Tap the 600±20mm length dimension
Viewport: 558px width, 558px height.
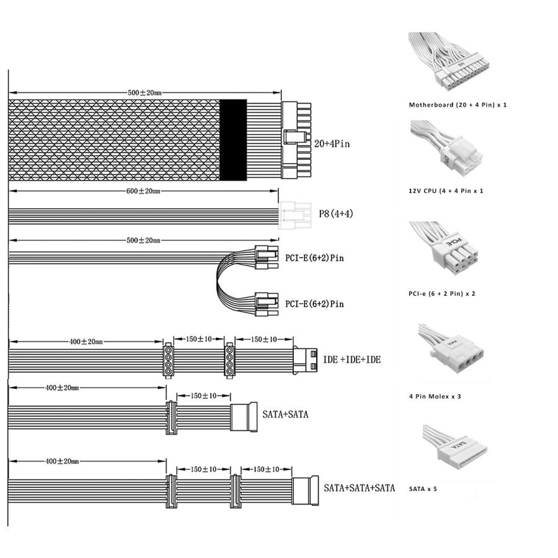tap(143, 191)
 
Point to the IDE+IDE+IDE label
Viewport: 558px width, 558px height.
tap(352, 360)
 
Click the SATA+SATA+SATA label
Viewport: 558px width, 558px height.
tap(359, 488)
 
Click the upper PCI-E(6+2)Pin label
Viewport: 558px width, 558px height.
tap(314, 257)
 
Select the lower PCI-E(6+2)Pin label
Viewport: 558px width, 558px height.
tap(314, 304)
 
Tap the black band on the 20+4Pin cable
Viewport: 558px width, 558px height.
tap(233, 140)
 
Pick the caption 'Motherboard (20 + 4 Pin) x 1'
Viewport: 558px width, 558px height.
tap(458, 105)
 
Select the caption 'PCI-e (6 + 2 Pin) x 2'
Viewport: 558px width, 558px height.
tap(442, 293)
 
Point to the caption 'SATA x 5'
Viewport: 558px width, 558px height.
tap(423, 489)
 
